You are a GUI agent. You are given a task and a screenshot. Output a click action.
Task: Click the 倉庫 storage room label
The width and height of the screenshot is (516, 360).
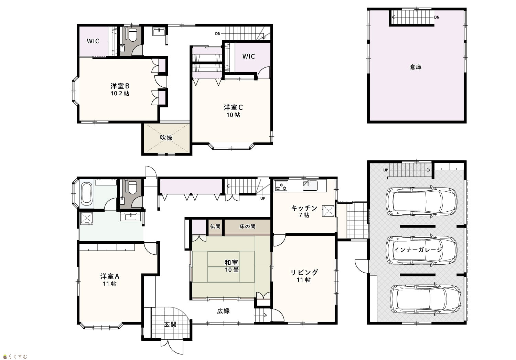click(416, 67)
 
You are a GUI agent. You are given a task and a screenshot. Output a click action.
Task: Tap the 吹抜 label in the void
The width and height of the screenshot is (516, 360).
click(166, 138)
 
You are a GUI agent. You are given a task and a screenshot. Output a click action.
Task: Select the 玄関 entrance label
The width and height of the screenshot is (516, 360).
click(170, 325)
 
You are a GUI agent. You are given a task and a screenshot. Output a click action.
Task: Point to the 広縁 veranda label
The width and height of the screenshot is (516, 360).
click(224, 311)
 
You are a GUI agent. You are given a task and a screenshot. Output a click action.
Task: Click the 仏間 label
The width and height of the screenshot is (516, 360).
click(215, 226)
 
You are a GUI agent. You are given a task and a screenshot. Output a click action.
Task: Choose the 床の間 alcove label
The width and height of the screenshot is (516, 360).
click(247, 226)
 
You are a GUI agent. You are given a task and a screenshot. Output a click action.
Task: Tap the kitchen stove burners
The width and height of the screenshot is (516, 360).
click(281, 186)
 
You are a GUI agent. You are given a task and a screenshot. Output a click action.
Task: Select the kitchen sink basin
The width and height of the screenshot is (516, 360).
click(310, 185)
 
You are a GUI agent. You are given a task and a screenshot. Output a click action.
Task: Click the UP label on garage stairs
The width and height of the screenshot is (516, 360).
click(386, 170)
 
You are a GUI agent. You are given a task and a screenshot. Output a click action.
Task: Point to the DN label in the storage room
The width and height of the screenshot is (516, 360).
click(437, 17)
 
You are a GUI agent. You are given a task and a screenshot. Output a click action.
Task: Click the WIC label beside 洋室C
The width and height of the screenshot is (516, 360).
click(249, 56)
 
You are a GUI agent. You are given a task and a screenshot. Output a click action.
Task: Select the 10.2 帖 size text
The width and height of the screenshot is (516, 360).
click(120, 93)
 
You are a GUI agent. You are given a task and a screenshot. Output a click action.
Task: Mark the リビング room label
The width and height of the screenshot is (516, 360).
click(304, 273)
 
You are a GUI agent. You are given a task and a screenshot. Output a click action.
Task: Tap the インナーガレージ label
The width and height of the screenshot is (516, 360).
click(418, 250)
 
